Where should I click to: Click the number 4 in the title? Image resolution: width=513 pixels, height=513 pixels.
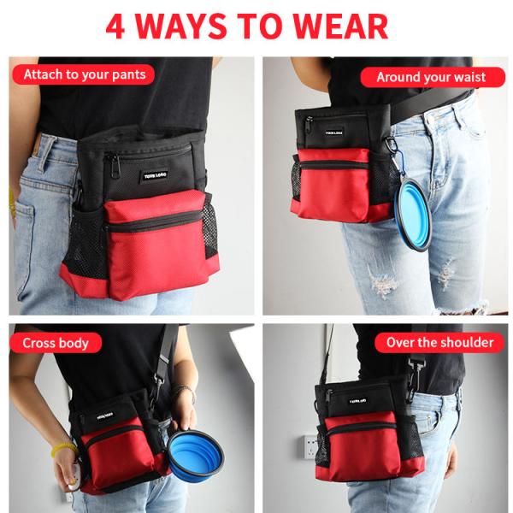(117, 26)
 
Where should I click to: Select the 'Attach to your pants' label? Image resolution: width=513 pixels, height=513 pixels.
(84, 74)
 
